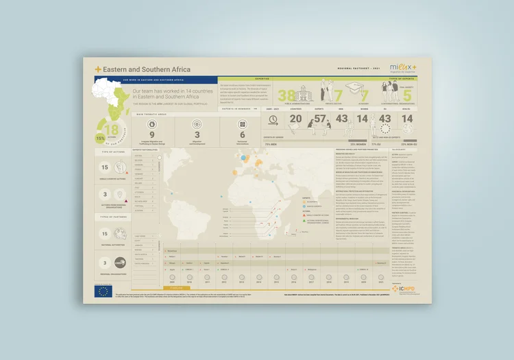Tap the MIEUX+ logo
[404, 68]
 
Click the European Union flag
[103, 291]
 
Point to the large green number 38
[286, 97]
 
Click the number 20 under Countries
[296, 119]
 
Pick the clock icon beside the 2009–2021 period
[273, 119]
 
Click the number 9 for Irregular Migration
[151, 135]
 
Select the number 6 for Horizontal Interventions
[242, 135]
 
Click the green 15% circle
[100, 138]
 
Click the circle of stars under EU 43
[385, 136]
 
